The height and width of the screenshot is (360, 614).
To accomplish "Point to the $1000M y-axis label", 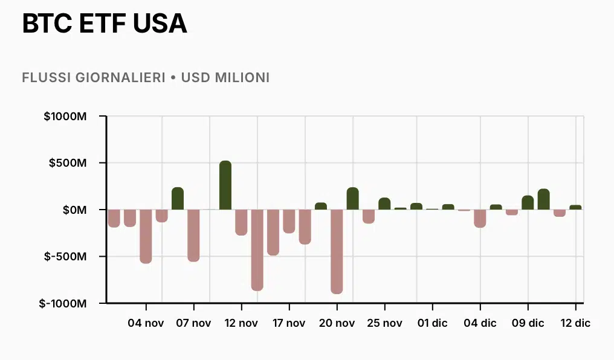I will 65,116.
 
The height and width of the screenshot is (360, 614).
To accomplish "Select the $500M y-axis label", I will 68,163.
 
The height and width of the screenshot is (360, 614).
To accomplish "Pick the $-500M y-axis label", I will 66,257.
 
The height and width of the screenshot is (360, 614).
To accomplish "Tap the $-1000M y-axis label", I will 63,303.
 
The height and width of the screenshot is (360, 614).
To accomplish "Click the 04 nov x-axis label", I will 146,323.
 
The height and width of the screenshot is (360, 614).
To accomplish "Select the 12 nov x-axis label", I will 241,323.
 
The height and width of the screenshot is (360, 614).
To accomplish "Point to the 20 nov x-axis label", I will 337,323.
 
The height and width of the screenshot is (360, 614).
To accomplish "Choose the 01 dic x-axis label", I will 432,323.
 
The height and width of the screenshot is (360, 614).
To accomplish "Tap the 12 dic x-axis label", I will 575,323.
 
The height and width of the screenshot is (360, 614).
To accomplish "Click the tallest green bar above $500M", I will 225,185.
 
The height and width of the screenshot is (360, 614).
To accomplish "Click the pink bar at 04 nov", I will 146,236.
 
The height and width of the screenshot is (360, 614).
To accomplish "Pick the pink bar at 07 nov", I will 193,235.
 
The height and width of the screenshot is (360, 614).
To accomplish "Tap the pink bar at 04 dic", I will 480,218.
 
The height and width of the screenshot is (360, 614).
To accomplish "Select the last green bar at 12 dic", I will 575,207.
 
